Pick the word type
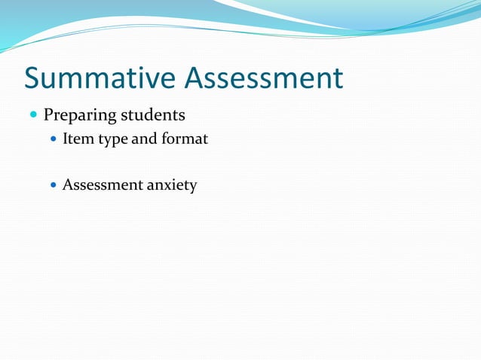[113, 140]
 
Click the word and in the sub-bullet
[145, 139]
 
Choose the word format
[183, 139]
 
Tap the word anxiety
[173, 185]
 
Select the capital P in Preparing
[48, 116]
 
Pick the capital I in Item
[66, 139]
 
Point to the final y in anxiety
[193, 187]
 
